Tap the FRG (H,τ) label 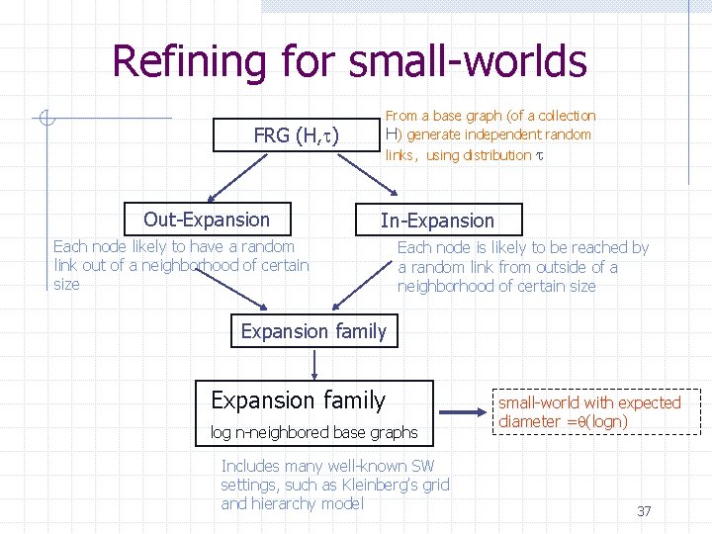[297, 135]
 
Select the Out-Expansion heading [207, 220]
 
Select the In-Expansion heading [437, 221]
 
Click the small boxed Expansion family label [314, 331]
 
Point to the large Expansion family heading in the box [298, 400]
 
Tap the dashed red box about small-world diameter [589, 411]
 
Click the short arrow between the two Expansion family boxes [314, 364]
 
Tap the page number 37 [644, 511]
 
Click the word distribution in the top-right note [497, 154]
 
